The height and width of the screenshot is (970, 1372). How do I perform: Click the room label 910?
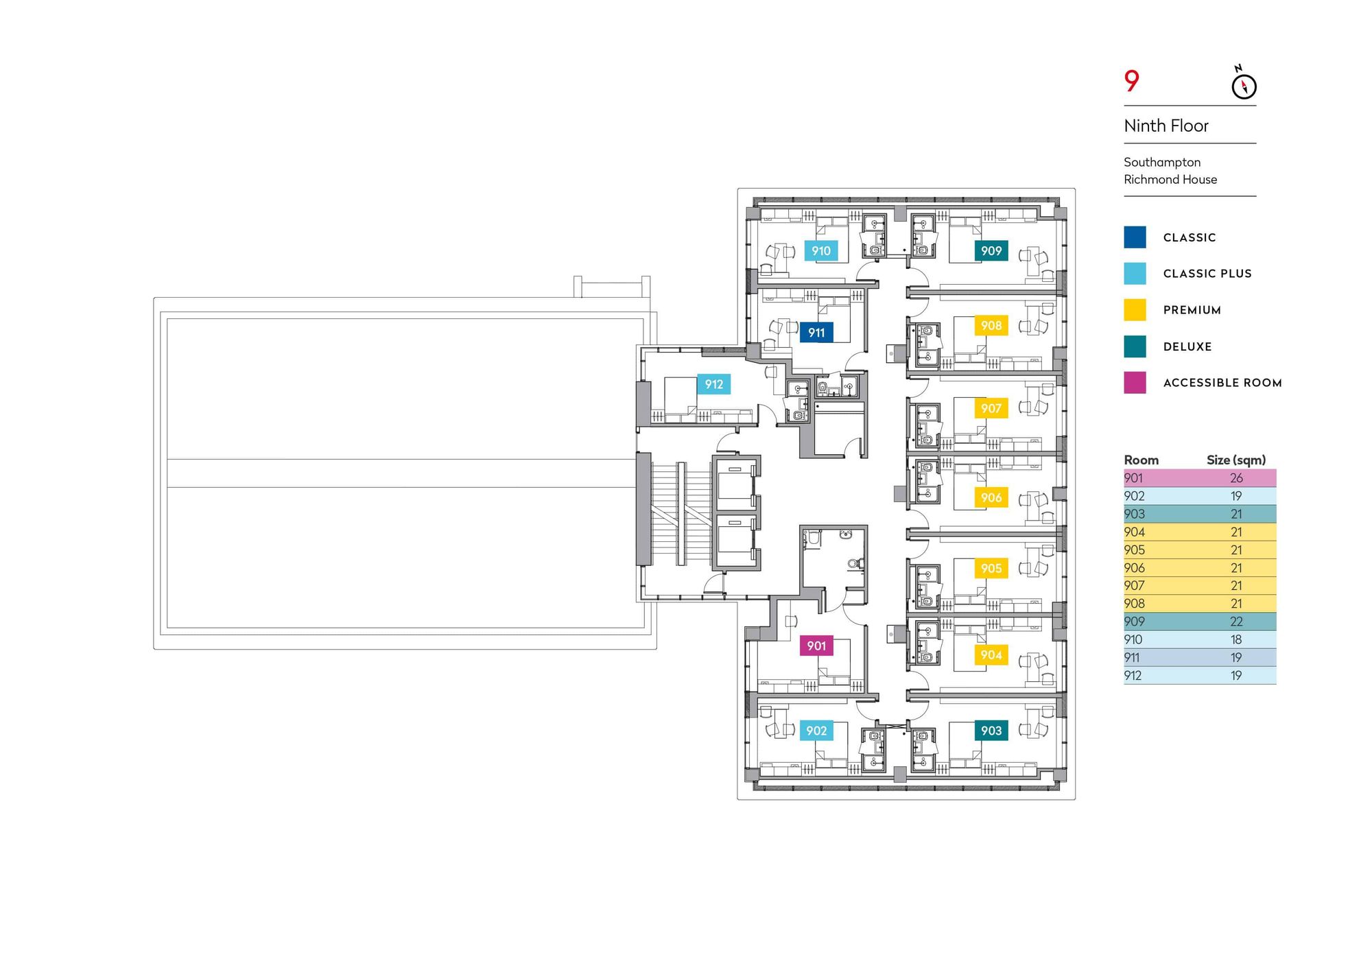821,251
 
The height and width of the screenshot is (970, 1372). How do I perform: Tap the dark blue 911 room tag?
816,333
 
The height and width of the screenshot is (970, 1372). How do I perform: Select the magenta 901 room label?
816,646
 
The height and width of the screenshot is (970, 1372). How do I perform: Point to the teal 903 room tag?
991,731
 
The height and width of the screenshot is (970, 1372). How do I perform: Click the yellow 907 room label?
991,408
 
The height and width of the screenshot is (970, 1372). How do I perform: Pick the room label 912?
714,384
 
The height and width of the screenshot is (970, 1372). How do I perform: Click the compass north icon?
1243,84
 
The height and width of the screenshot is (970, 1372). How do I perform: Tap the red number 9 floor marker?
1132,81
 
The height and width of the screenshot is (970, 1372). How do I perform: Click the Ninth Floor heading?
1166,126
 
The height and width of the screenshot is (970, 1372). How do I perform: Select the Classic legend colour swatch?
1135,237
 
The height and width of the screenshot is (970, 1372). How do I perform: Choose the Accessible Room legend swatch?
1135,383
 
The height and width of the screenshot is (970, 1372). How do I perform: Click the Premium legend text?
1192,310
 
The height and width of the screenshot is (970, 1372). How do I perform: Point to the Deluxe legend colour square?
1135,346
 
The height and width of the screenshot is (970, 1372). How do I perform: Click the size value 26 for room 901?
1236,478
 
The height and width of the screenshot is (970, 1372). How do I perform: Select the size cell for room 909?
1236,622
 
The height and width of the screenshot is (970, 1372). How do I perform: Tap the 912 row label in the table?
1133,676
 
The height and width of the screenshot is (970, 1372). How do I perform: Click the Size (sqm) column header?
1236,460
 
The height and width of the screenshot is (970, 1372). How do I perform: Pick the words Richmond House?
1170,180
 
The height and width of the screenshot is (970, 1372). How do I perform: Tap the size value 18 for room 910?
1236,639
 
